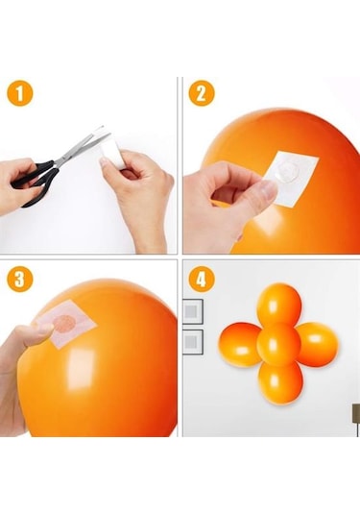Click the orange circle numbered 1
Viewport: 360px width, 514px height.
click(20, 93)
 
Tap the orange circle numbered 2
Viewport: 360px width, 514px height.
click(200, 93)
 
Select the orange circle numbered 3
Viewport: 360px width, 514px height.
click(20, 280)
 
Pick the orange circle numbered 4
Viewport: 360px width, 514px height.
click(200, 280)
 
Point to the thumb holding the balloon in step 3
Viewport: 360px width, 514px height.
click(29, 336)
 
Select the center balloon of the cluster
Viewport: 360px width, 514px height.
click(279, 343)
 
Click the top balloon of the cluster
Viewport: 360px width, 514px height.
click(279, 305)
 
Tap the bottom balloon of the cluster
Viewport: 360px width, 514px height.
click(280, 381)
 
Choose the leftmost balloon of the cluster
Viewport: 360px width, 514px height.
click(240, 344)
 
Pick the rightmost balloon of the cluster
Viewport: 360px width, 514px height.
click(318, 343)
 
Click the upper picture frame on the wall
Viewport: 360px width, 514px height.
click(193, 310)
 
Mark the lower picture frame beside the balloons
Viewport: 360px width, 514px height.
click(193, 341)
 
